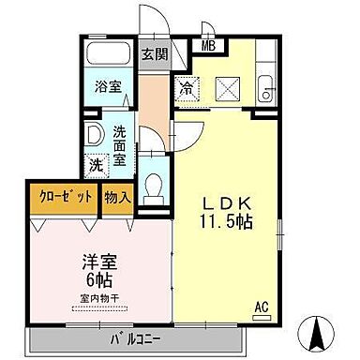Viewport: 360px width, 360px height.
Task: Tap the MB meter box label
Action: click(x=207, y=43)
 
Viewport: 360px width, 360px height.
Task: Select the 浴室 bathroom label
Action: click(x=107, y=87)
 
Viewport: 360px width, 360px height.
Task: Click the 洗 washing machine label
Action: click(x=97, y=163)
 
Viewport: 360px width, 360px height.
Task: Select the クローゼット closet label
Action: click(x=66, y=199)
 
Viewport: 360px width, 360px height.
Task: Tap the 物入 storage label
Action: click(x=119, y=199)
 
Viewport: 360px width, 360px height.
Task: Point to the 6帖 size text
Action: click(x=92, y=278)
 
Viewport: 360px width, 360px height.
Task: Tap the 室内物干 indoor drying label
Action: click(x=91, y=300)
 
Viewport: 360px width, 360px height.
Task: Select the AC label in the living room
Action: click(x=262, y=306)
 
